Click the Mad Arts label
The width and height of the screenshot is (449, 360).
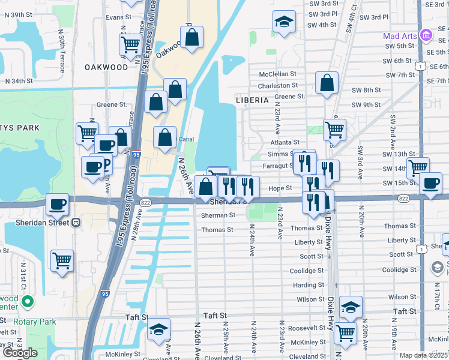[x=400, y=36]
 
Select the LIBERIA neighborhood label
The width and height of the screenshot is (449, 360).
[x=252, y=100]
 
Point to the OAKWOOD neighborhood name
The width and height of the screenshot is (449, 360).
[x=107, y=67]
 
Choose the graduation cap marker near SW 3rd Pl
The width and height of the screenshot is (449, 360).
[x=284, y=23]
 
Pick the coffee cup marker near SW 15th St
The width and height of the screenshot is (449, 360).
[x=430, y=184]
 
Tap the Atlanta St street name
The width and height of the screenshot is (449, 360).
[x=285, y=142]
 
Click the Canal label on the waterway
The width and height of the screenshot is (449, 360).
[x=186, y=139]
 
